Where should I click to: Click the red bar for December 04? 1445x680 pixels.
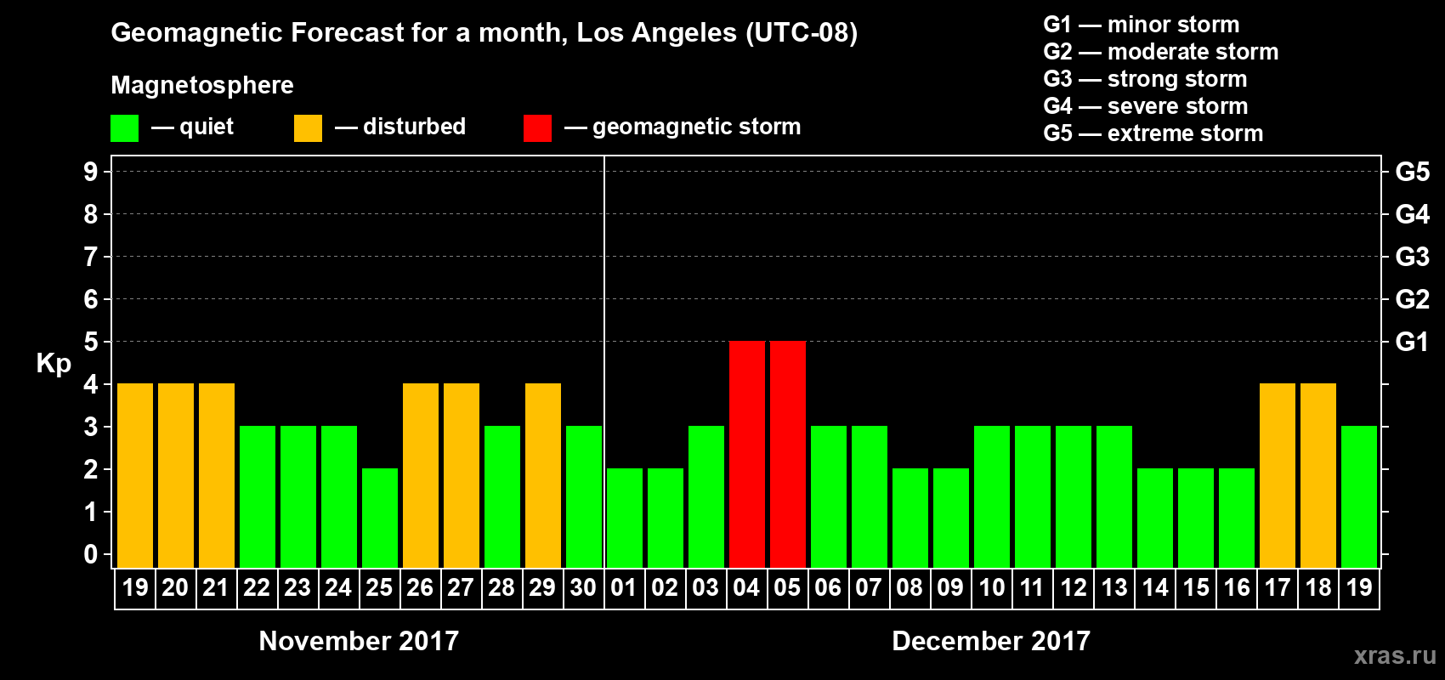click(746, 454)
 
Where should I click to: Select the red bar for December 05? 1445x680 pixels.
click(787, 454)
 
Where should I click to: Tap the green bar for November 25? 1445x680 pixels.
click(379, 518)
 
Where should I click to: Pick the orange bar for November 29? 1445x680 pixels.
click(542, 475)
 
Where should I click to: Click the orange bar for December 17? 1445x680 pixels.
click(1277, 475)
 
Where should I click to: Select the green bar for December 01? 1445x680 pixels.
click(624, 518)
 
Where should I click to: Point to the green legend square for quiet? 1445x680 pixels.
click(124, 128)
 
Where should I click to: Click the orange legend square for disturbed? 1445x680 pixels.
click(308, 128)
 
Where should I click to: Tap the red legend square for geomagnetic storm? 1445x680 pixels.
click(537, 128)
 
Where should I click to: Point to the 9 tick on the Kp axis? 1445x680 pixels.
click(91, 172)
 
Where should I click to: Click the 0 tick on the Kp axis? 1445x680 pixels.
click(91, 554)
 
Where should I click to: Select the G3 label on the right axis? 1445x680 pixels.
click(1412, 257)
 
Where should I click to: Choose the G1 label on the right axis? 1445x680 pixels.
click(1412, 342)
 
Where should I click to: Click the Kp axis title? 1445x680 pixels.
click(54, 363)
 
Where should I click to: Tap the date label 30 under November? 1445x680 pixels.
click(583, 587)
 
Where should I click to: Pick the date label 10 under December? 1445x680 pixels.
click(991, 587)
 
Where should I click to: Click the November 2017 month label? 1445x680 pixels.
click(359, 641)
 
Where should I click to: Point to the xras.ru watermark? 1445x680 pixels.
click(1395, 655)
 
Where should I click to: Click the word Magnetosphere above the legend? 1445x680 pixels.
click(202, 85)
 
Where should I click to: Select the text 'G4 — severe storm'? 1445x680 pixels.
click(1146, 106)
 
